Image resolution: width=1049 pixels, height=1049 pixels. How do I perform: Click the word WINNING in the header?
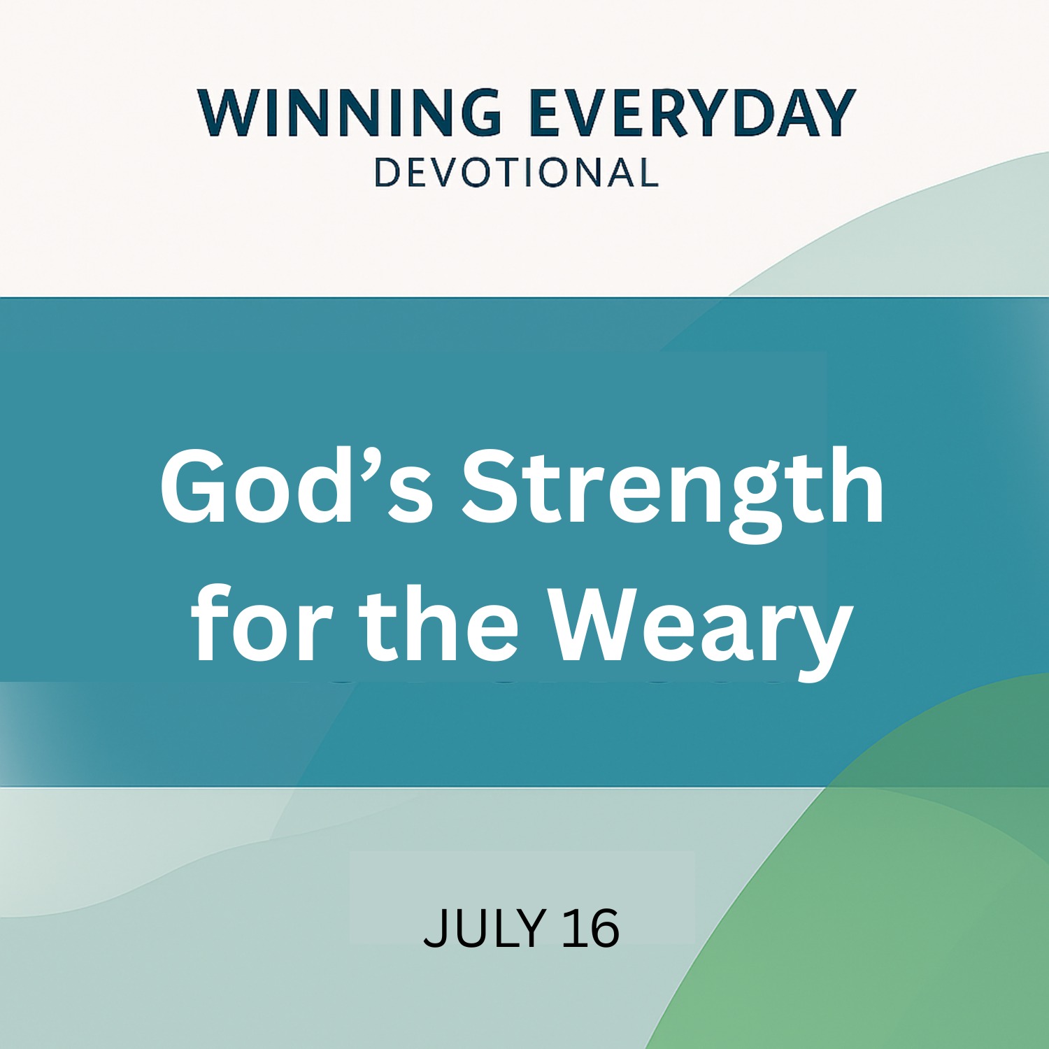[x=349, y=113]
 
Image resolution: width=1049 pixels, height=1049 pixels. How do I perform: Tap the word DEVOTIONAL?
[x=516, y=173]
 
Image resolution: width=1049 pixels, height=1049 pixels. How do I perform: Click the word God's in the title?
[x=297, y=486]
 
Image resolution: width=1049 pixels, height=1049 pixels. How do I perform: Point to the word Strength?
[x=673, y=493]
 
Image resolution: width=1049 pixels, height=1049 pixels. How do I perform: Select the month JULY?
[x=484, y=928]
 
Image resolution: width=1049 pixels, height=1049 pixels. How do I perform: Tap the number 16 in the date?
[x=591, y=928]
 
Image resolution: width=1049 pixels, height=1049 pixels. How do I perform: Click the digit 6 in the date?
[x=604, y=929]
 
